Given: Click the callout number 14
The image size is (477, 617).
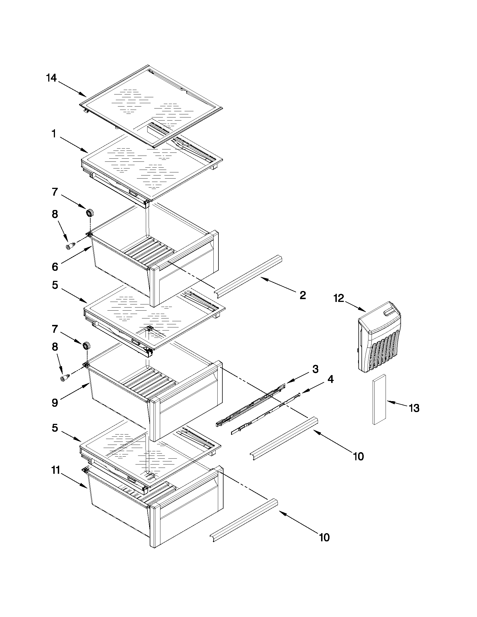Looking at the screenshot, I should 51,78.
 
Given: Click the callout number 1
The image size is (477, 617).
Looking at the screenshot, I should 53,134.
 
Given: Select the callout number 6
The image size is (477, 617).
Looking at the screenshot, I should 55,267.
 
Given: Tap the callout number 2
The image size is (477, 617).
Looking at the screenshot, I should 302,295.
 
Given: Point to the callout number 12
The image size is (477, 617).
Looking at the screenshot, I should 339,298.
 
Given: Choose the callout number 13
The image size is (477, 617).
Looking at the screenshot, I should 414,408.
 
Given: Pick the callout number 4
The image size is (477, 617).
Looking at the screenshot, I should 330,379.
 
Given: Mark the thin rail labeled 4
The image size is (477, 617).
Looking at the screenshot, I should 266,415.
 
